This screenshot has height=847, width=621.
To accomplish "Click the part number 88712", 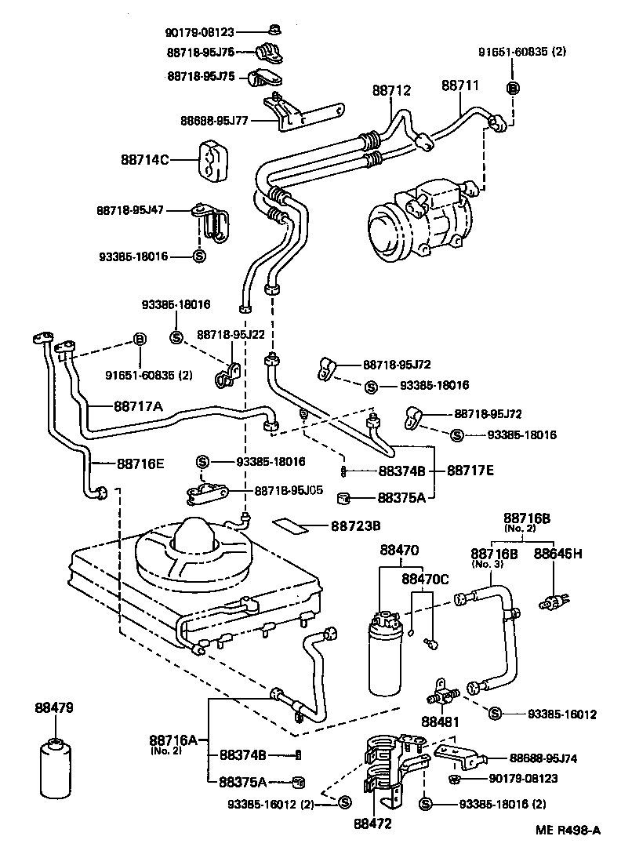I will pyautogui.click(x=390, y=91).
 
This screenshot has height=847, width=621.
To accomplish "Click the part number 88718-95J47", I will pyautogui.click(x=131, y=210).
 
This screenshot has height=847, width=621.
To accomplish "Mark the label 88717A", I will pyautogui.click(x=139, y=406).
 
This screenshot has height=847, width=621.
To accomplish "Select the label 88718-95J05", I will pyautogui.click(x=289, y=490).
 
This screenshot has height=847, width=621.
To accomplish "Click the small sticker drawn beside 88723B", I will pyautogui.click(x=292, y=523).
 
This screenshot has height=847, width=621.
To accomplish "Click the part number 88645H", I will pyautogui.click(x=558, y=553).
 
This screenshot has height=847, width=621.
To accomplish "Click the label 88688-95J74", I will pyautogui.click(x=543, y=758).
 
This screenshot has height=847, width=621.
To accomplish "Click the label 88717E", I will pyautogui.click(x=470, y=471).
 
